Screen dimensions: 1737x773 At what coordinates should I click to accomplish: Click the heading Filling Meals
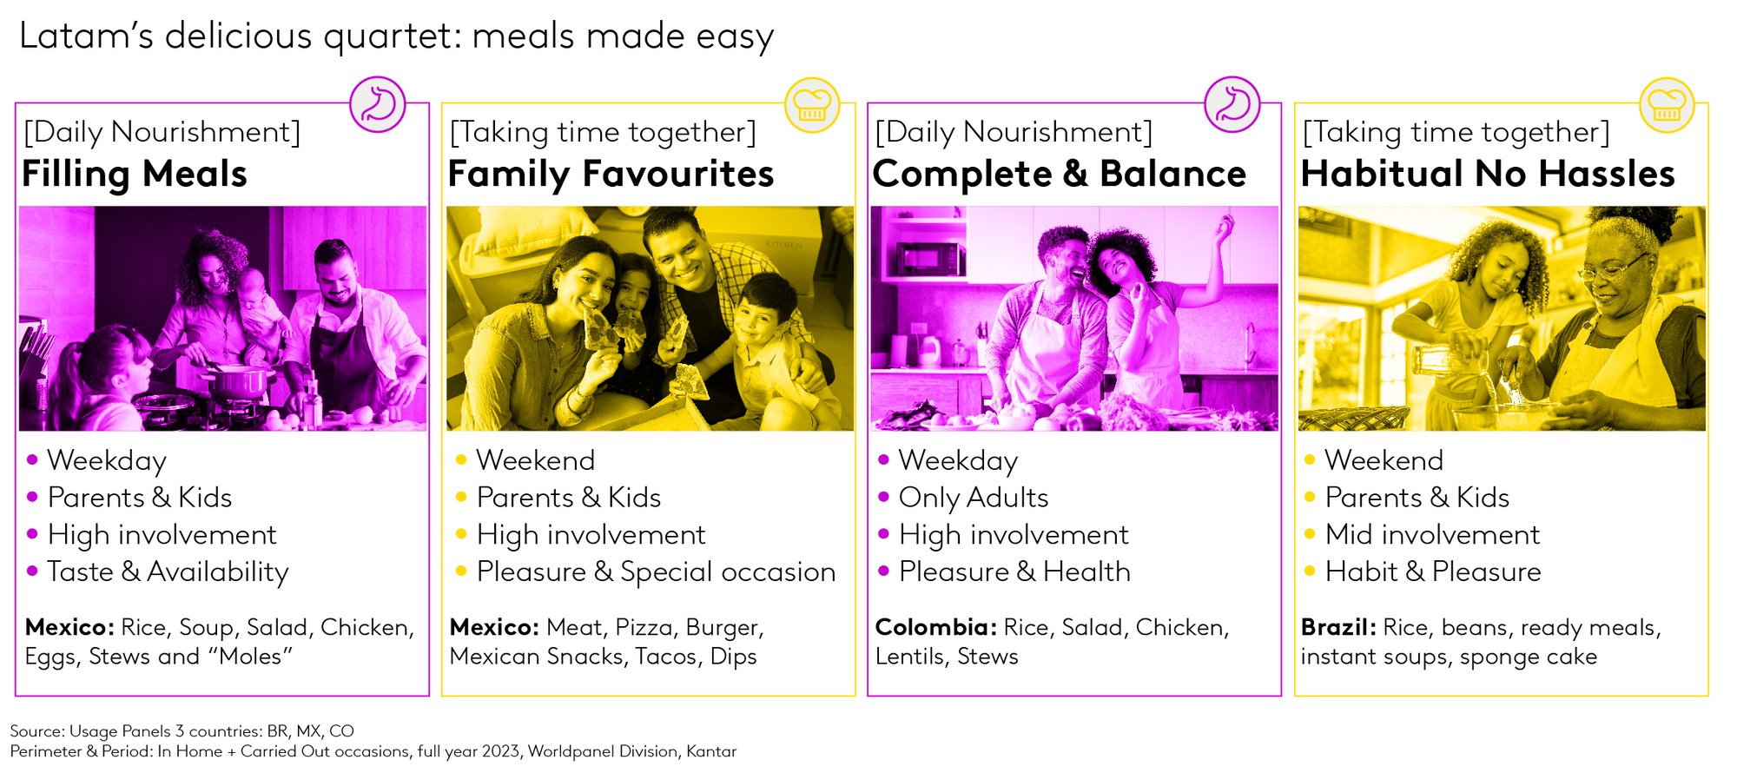(x=135, y=175)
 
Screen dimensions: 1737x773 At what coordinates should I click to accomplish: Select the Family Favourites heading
(x=611, y=175)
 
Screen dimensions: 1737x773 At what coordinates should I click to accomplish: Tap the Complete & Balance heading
(x=1060, y=175)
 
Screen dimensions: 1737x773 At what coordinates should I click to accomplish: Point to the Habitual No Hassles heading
(x=1488, y=174)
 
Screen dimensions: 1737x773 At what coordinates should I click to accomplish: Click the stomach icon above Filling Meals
(x=378, y=104)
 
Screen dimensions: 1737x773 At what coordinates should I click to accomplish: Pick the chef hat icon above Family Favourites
(x=812, y=104)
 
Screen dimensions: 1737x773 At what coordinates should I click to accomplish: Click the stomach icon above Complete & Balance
(x=1232, y=104)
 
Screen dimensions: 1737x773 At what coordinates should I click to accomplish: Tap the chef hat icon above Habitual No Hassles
(x=1667, y=104)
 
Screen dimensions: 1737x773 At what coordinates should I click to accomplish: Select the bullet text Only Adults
(x=974, y=498)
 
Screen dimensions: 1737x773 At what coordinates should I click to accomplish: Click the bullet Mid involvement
(x=1432, y=534)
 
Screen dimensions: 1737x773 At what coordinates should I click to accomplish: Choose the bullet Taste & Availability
(x=168, y=572)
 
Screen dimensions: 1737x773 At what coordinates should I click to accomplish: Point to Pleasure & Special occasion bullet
(x=656, y=571)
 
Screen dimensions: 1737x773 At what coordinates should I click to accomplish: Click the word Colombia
(x=935, y=627)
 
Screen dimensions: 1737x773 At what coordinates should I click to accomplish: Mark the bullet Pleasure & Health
(x=1014, y=571)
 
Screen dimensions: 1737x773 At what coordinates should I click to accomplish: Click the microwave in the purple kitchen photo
(x=930, y=258)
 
